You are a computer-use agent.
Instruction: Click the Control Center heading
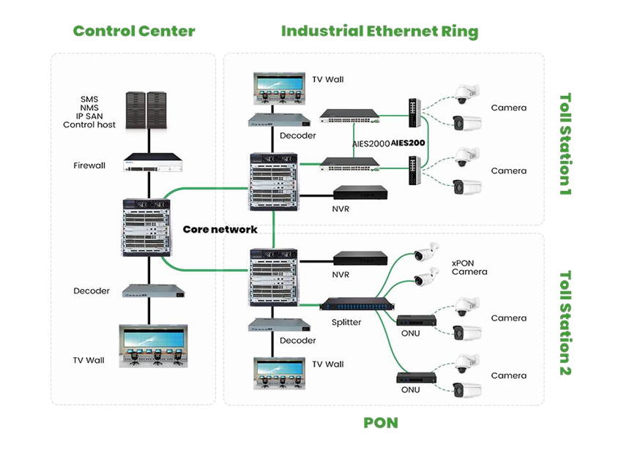[134, 31]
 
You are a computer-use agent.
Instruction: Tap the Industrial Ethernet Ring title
[379, 31]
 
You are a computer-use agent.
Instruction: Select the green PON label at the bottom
[380, 423]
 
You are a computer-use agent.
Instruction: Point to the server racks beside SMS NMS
[146, 110]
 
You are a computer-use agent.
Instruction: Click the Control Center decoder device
[146, 290]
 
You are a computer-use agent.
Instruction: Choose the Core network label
[220, 230]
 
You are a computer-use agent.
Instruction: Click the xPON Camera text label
[469, 267]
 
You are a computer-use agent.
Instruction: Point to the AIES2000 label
[371, 143]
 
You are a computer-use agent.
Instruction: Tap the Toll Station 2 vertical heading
[565, 323]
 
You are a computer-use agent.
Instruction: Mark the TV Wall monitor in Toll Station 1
[279, 87]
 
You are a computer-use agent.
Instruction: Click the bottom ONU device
[417, 378]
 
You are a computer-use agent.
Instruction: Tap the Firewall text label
[89, 165]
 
